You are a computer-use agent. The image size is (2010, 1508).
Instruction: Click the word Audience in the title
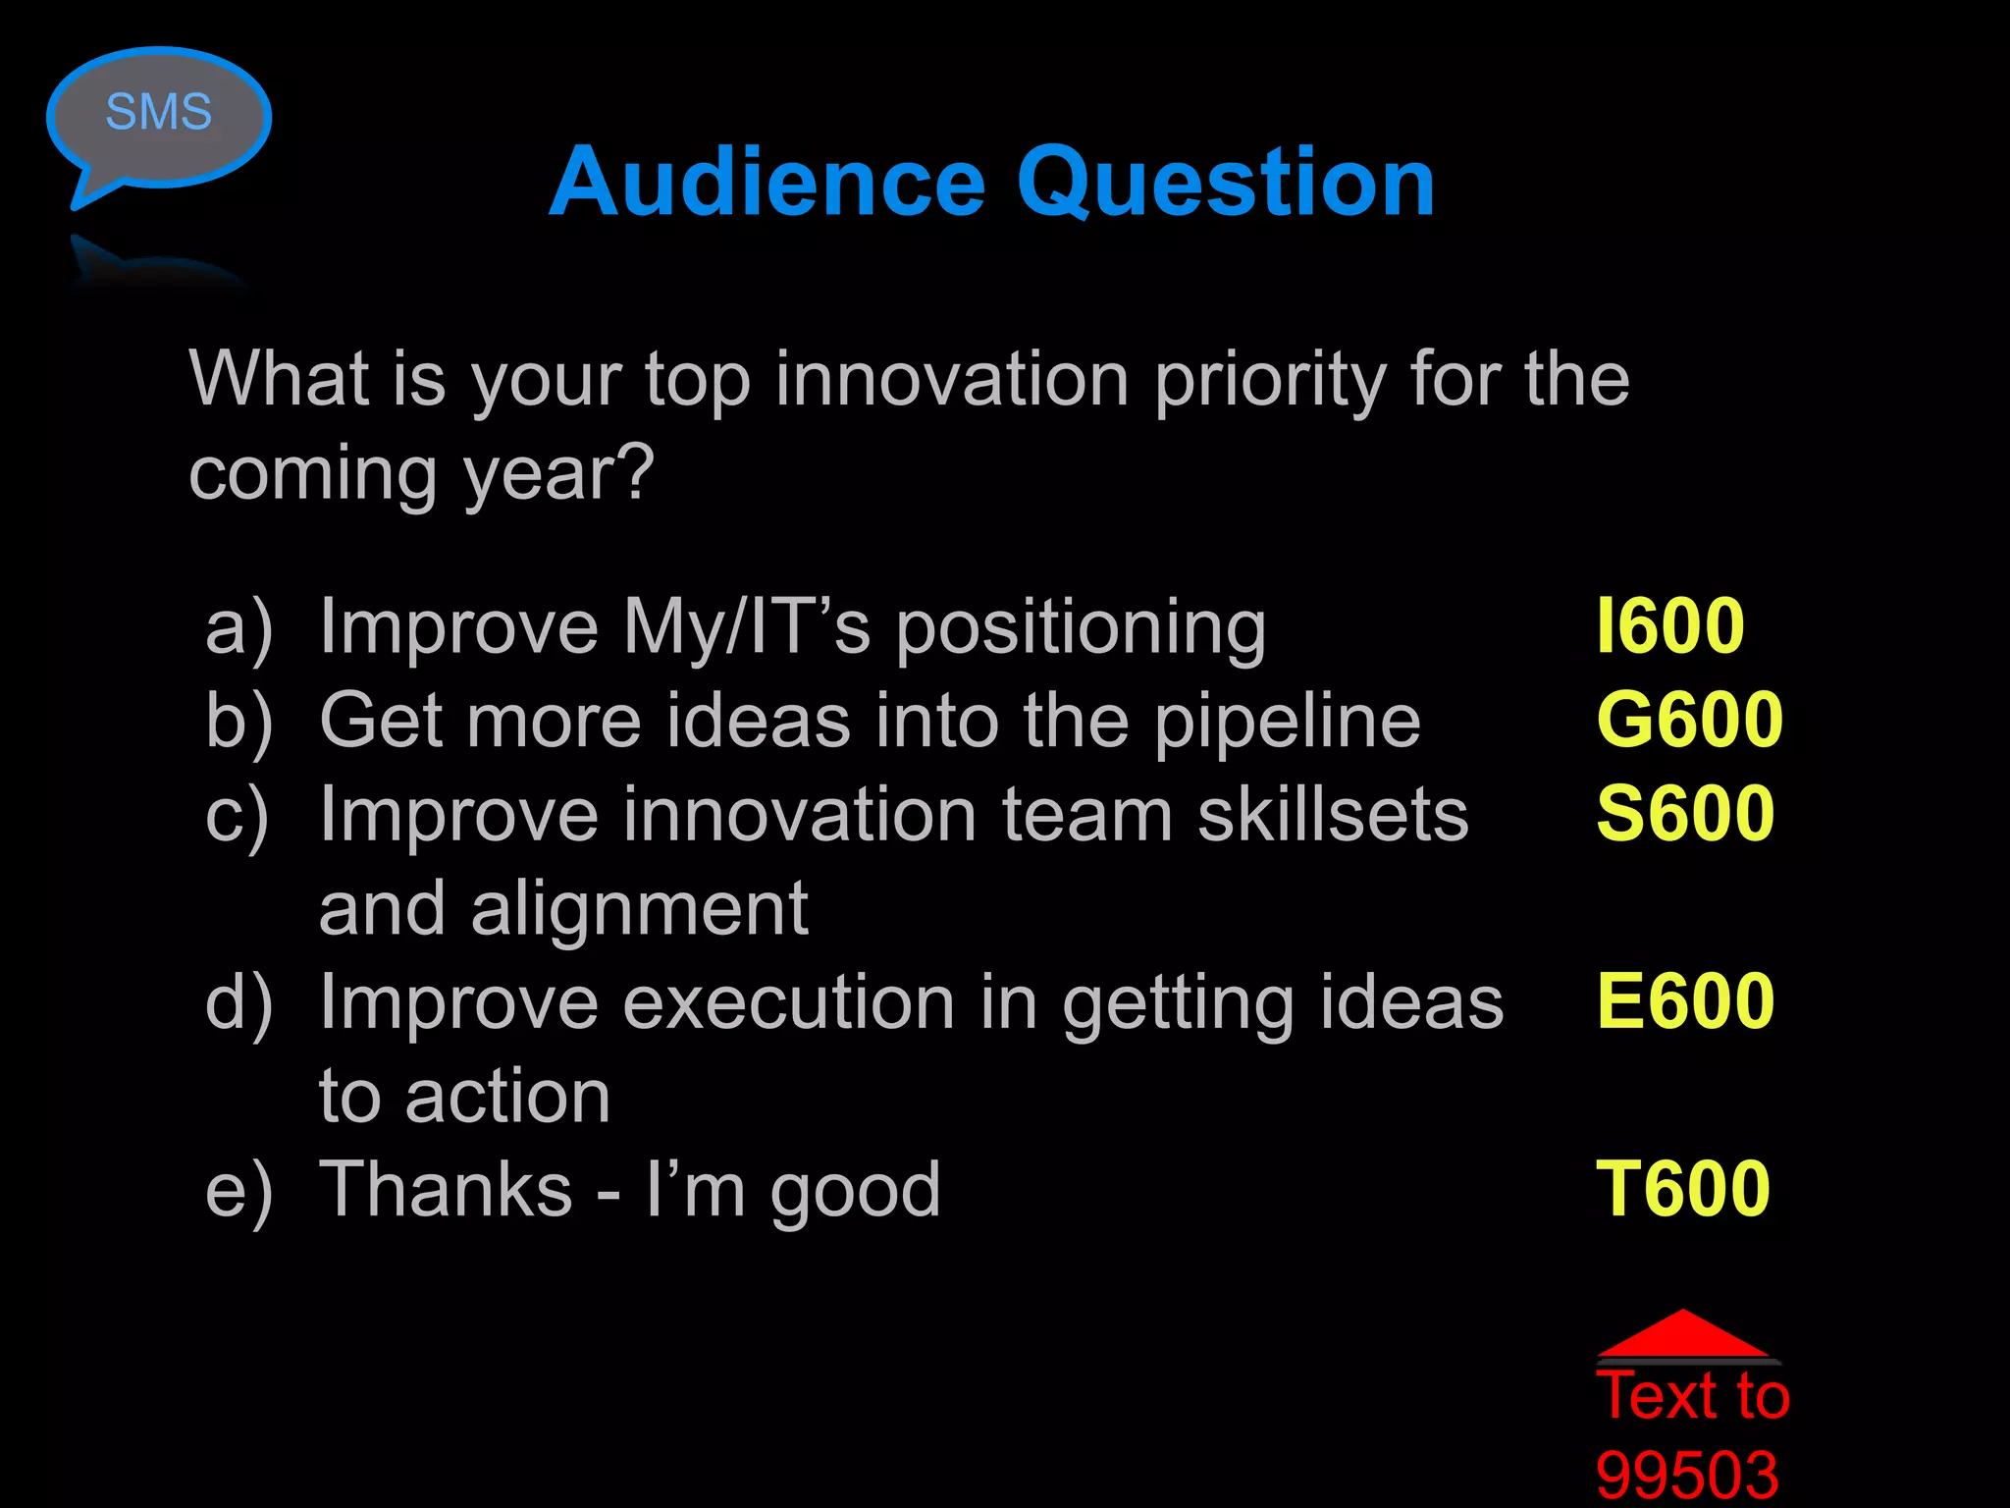767,183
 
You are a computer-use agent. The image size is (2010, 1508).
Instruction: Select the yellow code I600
1669,626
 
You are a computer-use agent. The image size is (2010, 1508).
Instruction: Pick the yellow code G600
1689,720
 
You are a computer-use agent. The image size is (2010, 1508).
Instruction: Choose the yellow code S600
1685,814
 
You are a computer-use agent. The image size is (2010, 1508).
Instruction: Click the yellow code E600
1685,1001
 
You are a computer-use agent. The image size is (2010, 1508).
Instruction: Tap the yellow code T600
1682,1189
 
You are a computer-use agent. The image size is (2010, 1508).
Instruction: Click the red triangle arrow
1684,1335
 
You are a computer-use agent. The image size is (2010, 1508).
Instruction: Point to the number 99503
1687,1475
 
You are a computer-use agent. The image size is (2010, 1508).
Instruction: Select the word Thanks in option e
446,1190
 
